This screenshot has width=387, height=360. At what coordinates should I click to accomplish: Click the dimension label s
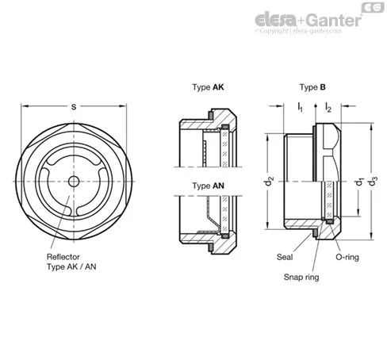click(74, 107)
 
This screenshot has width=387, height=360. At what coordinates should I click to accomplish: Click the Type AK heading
click(208, 87)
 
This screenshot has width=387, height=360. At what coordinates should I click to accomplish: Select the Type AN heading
click(209, 186)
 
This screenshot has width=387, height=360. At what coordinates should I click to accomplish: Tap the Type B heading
click(312, 87)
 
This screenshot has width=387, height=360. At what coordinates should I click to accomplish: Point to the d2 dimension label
click(269, 181)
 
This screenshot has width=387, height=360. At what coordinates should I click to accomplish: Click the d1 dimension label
click(359, 182)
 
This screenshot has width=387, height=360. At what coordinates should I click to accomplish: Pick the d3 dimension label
click(373, 181)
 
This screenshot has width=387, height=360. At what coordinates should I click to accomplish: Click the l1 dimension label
click(301, 108)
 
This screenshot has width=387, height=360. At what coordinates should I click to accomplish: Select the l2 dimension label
click(328, 108)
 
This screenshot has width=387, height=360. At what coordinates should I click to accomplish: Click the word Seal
click(285, 257)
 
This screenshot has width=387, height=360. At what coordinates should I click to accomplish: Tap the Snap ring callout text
click(301, 277)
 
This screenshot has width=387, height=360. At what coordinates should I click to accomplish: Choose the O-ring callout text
click(347, 257)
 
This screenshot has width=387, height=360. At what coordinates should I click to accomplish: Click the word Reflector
click(63, 257)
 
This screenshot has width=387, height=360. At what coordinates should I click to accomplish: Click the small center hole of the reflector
click(74, 182)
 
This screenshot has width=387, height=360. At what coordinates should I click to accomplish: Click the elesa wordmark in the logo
click(275, 20)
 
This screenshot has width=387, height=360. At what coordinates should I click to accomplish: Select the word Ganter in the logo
click(334, 20)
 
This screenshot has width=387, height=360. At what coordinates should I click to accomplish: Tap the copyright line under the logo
click(298, 31)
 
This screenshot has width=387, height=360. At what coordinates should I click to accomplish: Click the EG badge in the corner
click(373, 7)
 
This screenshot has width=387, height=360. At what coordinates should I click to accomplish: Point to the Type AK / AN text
click(71, 266)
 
